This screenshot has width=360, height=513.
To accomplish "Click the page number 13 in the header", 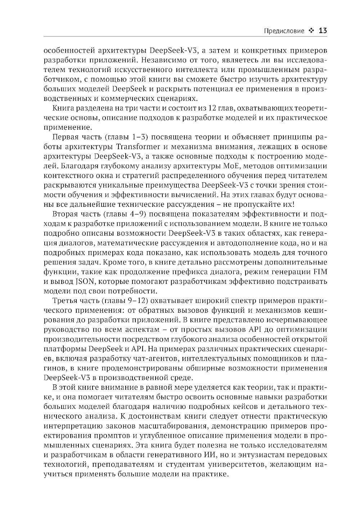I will [323, 31].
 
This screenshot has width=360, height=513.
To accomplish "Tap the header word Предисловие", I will [284, 31].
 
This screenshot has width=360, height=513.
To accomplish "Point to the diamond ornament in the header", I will [311, 31].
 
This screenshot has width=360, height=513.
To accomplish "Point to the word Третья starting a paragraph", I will [66, 300].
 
